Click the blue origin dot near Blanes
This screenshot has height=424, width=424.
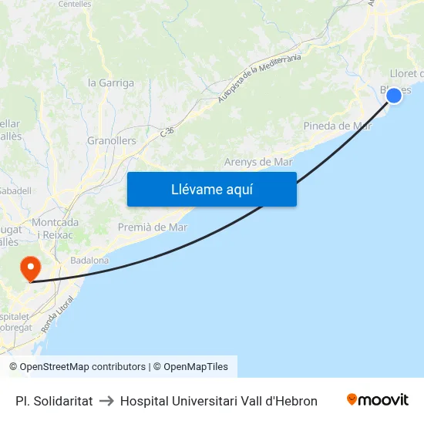coord(393,95)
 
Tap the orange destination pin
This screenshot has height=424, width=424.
coord(31,268)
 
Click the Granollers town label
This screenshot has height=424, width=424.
coord(111,141)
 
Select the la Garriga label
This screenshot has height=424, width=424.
coord(111,83)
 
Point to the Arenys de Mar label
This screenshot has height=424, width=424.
coord(258,162)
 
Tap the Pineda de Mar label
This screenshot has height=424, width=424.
coord(338,126)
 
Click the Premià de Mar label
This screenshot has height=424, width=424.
coord(153,227)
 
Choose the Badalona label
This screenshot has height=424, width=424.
coord(89,261)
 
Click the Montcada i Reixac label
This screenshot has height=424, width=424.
coord(56,228)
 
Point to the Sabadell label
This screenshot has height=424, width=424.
coord(15,190)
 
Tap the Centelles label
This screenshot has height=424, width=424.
coord(74,4)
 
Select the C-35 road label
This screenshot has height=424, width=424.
coord(167,132)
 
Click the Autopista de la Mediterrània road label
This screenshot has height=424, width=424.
coord(259,77)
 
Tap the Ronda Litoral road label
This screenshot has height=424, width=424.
coord(52,316)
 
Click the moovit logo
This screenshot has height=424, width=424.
coord(378,400)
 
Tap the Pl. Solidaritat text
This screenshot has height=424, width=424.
coord(54,401)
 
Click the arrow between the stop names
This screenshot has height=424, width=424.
coord(106,401)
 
